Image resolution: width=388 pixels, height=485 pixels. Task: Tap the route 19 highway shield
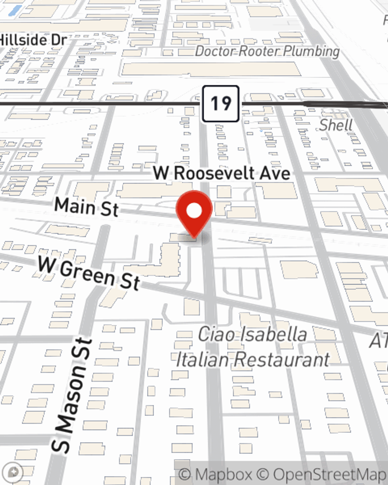220,104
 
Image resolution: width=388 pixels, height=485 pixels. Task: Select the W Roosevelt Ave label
222,173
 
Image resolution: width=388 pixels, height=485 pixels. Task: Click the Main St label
86,206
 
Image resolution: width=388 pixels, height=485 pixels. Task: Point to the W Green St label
88,274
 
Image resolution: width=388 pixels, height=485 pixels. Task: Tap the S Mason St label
73,396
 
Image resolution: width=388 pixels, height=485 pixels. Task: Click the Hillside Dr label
33,40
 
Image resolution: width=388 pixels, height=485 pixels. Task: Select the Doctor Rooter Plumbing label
267,51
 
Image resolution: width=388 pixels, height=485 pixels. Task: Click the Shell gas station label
336,125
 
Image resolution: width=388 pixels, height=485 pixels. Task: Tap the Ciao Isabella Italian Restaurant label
253,346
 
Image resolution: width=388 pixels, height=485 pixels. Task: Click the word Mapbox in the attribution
224,474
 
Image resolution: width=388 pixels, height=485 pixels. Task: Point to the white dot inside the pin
194,211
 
